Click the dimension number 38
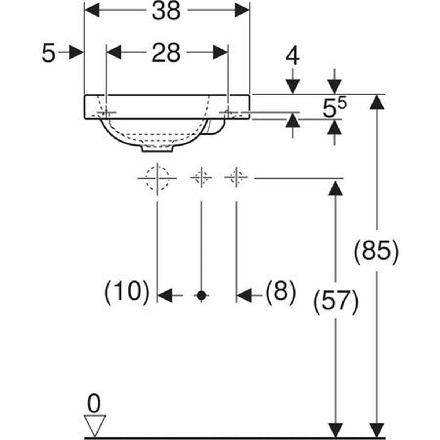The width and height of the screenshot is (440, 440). [x=166, y=11]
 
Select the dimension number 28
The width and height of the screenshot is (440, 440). [x=166, y=53]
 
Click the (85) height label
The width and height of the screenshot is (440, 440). [x=376, y=252]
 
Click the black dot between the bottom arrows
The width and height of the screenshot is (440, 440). [x=201, y=296]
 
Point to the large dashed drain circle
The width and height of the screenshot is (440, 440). [x=158, y=178]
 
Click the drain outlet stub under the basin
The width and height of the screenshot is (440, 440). [x=157, y=148]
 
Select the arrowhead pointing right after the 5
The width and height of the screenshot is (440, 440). [x=76, y=52]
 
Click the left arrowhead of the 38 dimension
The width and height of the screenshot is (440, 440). [x=92, y=10]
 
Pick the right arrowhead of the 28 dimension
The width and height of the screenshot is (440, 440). [x=221, y=52]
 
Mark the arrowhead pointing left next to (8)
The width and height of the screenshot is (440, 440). [x=244, y=296]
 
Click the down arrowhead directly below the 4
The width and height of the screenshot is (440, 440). [x=293, y=87]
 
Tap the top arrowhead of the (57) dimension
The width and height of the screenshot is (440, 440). [x=335, y=188]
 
